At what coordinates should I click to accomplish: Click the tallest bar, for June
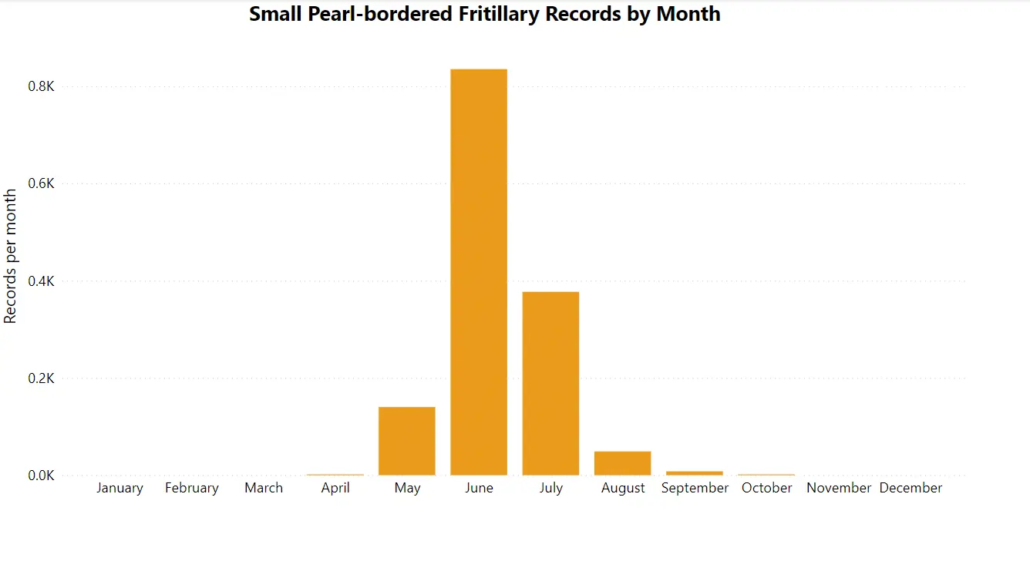(479, 272)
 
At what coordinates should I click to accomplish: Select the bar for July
(550, 383)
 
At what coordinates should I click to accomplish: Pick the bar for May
(407, 441)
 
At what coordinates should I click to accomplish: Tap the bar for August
(622, 463)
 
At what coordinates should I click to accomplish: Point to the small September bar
(695, 473)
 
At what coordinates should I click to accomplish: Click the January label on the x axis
(119, 488)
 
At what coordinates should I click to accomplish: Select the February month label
(192, 488)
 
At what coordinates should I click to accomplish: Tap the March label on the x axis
(264, 488)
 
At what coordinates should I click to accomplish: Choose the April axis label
(335, 488)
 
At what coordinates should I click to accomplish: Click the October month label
(767, 488)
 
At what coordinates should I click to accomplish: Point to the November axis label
(839, 488)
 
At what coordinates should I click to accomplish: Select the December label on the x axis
(911, 488)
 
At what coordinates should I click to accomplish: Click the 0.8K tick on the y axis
(42, 86)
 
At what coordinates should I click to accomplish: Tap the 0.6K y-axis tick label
(42, 183)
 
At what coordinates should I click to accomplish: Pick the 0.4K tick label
(42, 281)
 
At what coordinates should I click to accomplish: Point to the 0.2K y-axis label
(42, 378)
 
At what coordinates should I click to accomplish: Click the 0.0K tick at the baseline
(42, 476)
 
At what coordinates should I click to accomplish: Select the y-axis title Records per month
(11, 256)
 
